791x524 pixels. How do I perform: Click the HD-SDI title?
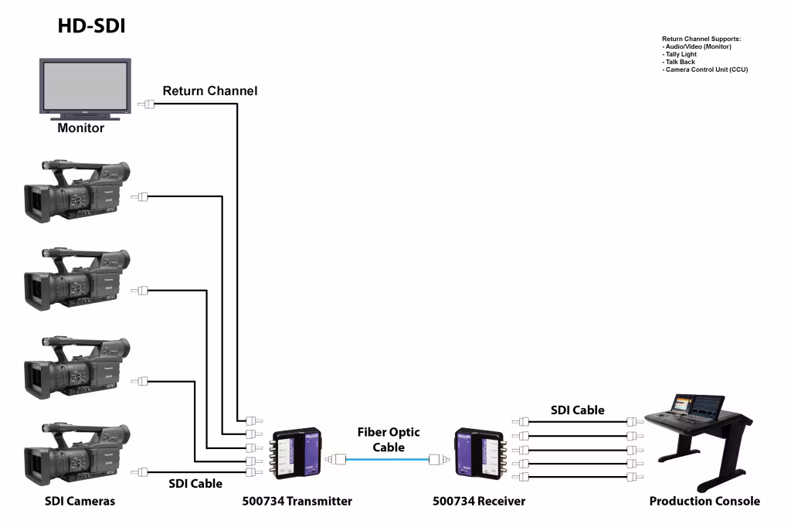tap(91, 26)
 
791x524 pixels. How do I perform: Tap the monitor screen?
tap(85, 85)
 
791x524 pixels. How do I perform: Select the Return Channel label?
tap(209, 91)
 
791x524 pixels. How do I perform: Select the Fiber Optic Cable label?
tap(389, 440)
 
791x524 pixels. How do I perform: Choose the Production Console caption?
tap(704, 501)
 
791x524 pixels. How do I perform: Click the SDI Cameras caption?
tap(79, 501)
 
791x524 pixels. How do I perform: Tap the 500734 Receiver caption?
tap(479, 501)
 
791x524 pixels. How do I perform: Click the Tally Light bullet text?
tap(680, 55)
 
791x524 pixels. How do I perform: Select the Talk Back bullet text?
tap(679, 62)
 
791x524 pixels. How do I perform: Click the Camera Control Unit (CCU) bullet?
tap(706, 70)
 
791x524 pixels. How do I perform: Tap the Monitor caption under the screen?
tap(80, 128)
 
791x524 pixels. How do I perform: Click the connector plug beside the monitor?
tap(145, 104)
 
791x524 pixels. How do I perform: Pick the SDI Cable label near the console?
tap(577, 410)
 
